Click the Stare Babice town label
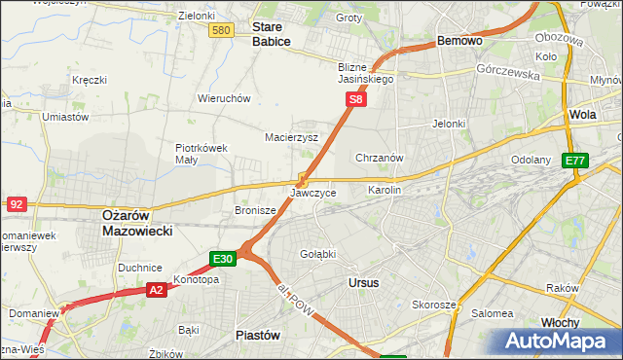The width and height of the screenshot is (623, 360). point(272,35)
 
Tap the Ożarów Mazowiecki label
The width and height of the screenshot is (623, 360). point(137,223)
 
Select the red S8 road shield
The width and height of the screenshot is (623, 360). point(357,99)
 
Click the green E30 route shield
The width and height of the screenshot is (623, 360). point(222,258)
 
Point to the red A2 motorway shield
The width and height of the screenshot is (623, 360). point(157,289)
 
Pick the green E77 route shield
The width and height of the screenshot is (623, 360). point(576,161)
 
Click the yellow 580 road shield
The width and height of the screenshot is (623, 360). point(221,31)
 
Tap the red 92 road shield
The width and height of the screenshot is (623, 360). point(16,203)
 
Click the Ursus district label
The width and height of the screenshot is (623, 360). point(362,282)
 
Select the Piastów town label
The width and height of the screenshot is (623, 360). point(258,334)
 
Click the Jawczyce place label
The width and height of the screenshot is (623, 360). point(313,193)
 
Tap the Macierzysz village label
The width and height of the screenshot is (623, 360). point(292,137)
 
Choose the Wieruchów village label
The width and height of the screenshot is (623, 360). point(225,98)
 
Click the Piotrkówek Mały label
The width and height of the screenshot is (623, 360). point(201,154)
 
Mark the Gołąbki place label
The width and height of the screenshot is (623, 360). point(316,254)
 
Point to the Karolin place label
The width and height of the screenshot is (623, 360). point(384,190)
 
